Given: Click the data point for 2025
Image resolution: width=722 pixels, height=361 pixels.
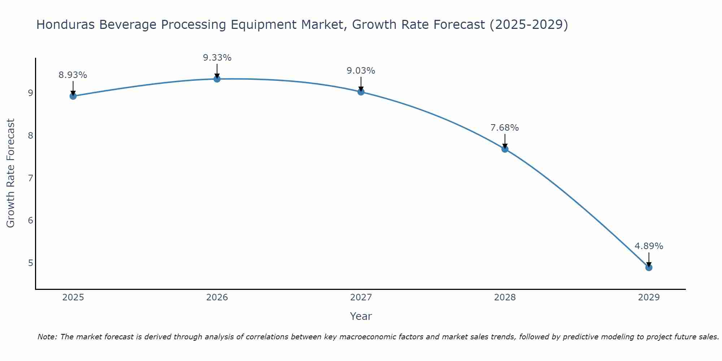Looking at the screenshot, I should pyautogui.click(x=73, y=96).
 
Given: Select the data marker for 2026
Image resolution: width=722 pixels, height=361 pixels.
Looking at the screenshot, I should pyautogui.click(x=217, y=79).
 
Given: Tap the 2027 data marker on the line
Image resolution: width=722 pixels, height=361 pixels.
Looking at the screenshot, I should pyautogui.click(x=361, y=92).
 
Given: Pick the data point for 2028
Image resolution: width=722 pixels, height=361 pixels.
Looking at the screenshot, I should pyautogui.click(x=505, y=149).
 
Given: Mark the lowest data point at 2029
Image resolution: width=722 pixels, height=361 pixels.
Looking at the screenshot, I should pyautogui.click(x=649, y=268).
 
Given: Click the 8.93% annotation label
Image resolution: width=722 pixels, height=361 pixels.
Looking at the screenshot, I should pyautogui.click(x=73, y=75).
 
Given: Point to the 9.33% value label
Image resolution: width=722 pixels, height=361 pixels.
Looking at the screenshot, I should pyautogui.click(x=217, y=58).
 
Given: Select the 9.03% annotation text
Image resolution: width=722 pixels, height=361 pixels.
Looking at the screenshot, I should pyautogui.click(x=361, y=71).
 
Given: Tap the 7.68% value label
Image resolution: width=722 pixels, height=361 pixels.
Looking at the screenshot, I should pyautogui.click(x=505, y=128).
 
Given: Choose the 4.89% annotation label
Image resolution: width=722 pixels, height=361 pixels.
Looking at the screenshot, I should pyautogui.click(x=649, y=246).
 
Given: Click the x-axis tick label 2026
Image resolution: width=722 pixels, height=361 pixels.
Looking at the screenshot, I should pyautogui.click(x=217, y=297).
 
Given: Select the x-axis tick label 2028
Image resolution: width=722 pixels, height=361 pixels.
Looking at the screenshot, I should pyautogui.click(x=505, y=297).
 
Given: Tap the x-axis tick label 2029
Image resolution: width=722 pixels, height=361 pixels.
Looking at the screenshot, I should pyautogui.click(x=649, y=297).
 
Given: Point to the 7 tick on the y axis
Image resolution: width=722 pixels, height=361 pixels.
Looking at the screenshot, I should pyautogui.click(x=30, y=178).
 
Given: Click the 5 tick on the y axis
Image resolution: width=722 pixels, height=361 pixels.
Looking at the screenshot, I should pyautogui.click(x=30, y=263).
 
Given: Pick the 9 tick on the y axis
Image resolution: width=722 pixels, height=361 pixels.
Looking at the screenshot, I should pyautogui.click(x=30, y=93).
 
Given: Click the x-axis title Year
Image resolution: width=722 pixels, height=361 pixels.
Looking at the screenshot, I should pyautogui.click(x=361, y=316).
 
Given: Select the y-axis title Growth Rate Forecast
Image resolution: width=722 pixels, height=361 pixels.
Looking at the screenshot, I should pyautogui.click(x=11, y=173).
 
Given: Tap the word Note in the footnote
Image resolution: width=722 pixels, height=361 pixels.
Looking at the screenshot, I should pyautogui.click(x=47, y=337).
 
